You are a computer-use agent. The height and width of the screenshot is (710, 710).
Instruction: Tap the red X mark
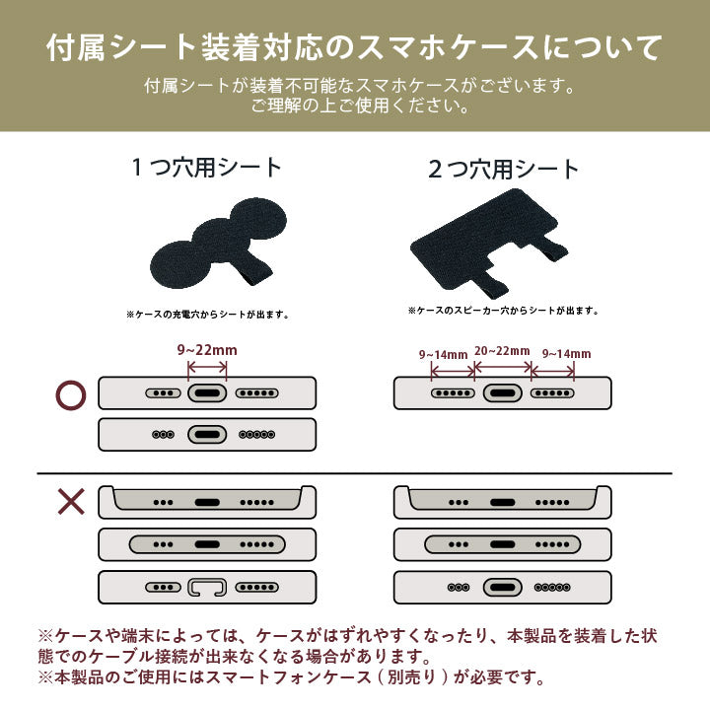click(x=71, y=502)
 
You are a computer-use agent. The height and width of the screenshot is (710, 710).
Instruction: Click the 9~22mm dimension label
click(x=207, y=350)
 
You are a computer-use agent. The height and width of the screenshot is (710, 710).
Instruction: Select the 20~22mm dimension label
click(x=502, y=351)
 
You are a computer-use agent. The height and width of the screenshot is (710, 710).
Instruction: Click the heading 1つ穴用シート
click(x=206, y=167)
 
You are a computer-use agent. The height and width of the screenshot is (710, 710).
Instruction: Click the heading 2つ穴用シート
click(x=504, y=169)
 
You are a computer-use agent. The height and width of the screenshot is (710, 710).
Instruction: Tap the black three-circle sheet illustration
click(x=219, y=243)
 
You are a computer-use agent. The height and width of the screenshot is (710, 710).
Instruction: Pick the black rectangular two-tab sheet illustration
click(x=489, y=243)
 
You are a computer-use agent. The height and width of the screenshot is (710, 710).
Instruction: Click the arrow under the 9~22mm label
click(x=207, y=367)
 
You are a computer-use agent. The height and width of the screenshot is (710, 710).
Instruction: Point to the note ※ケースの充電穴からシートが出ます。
click(x=208, y=315)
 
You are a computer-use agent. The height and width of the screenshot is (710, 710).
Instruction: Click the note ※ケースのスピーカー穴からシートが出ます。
click(x=503, y=311)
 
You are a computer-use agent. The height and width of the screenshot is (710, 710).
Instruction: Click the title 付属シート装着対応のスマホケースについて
click(x=355, y=47)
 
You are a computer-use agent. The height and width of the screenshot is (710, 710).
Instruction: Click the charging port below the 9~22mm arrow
click(x=207, y=393)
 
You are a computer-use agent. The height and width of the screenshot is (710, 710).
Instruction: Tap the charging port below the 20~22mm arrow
click(x=503, y=393)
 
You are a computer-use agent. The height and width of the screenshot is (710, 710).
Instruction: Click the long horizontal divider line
click(x=355, y=474)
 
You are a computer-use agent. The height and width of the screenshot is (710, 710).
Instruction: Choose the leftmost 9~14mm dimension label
click(x=444, y=355)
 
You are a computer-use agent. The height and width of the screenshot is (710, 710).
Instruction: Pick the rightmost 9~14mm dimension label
click(x=566, y=354)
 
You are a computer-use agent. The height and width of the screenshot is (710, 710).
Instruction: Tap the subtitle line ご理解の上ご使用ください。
click(x=361, y=106)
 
